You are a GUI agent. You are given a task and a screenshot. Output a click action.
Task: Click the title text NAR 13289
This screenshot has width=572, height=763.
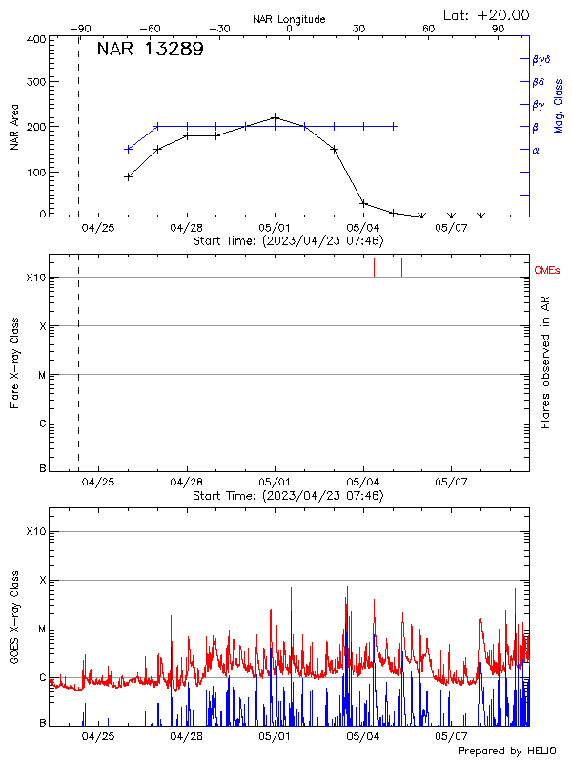(150, 51)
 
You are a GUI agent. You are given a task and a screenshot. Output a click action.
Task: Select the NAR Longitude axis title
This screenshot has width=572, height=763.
(289, 19)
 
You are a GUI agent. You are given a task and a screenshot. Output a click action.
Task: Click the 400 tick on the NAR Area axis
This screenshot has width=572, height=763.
(37, 39)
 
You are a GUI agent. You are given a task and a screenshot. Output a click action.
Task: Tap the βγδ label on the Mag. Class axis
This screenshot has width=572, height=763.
(542, 59)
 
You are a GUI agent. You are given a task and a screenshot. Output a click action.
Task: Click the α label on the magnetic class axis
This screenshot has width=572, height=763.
(536, 150)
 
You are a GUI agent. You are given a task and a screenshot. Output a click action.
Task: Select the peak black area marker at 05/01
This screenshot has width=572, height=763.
(276, 117)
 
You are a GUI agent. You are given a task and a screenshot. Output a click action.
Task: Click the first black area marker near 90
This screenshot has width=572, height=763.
(129, 176)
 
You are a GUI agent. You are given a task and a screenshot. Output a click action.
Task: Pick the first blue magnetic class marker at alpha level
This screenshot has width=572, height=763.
(129, 149)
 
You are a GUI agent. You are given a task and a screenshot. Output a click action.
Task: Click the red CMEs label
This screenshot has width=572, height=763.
(549, 270)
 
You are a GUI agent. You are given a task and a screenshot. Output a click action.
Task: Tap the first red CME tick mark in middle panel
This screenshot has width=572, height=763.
(374, 267)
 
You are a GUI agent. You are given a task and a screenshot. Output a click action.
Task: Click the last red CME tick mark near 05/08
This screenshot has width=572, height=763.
(480, 267)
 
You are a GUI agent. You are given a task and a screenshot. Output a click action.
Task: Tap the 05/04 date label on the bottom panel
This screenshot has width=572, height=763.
(363, 735)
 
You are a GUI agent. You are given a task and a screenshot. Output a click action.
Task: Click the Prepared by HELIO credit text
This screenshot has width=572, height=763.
(506, 752)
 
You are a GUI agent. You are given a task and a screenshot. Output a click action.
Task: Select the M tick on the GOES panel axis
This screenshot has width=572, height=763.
(41, 629)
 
